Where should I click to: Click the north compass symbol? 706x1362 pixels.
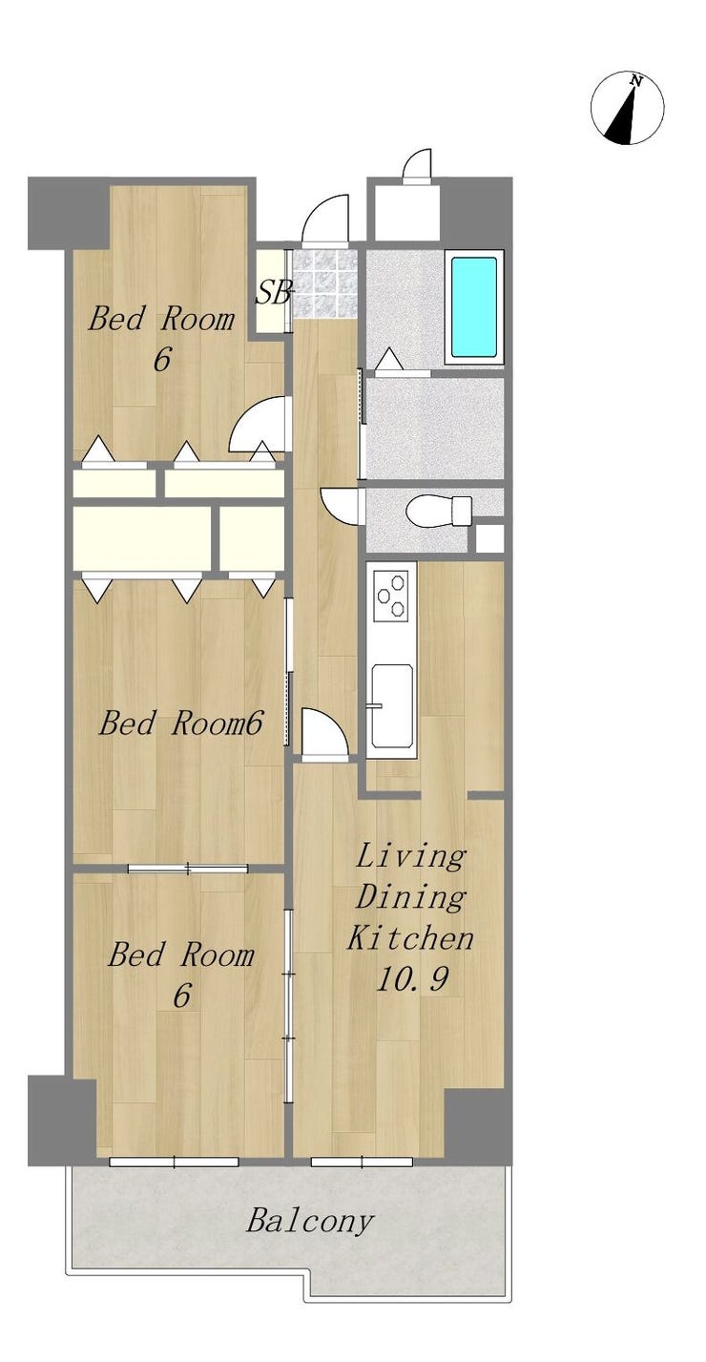[627, 108]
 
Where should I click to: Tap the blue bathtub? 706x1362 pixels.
[474, 307]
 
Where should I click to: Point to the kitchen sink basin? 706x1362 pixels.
[392, 708]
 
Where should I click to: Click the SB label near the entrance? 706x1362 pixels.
[273, 292]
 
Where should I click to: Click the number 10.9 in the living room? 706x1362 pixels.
[412, 979]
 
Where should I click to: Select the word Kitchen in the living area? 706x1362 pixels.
[409, 937]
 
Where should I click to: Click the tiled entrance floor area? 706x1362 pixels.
[323, 284]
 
